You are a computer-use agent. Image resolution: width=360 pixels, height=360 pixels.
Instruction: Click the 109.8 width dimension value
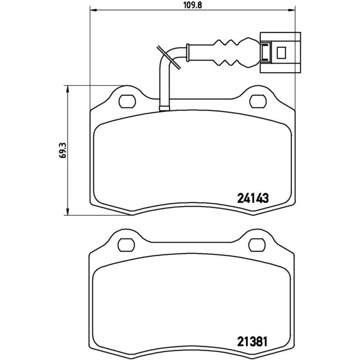192,5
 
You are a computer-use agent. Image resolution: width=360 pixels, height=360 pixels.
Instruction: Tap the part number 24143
253,198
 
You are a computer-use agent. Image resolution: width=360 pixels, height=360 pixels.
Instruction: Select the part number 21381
252,342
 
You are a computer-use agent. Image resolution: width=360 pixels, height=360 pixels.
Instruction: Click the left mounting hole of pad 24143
127,101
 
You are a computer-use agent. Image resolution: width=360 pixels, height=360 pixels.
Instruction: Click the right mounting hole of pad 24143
258,101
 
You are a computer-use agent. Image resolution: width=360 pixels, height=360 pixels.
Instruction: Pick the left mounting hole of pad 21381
126,245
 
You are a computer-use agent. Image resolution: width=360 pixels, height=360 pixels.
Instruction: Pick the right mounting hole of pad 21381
257,245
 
